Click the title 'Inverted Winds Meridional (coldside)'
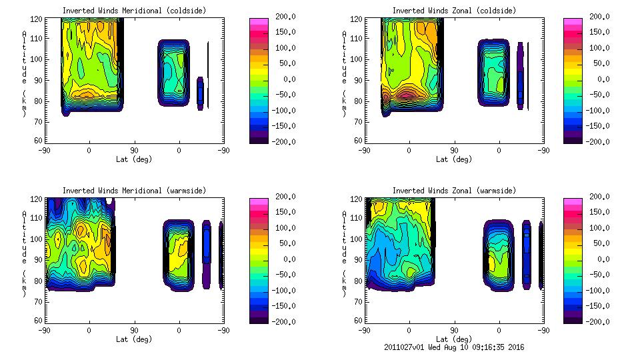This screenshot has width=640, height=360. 134,11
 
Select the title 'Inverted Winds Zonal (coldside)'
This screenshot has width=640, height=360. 454,11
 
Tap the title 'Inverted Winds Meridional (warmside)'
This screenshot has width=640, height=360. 134,191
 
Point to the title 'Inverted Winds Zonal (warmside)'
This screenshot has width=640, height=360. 454,191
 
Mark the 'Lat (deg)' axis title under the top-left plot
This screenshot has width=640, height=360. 134,159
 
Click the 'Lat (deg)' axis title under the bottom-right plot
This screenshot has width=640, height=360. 454,339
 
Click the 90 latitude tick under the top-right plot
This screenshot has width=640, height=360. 454,151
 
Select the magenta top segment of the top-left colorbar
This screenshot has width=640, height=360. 259,23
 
